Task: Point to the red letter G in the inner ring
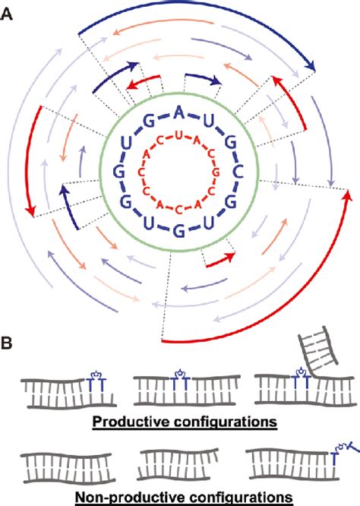point(210,169)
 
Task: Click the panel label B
point(9,343)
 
